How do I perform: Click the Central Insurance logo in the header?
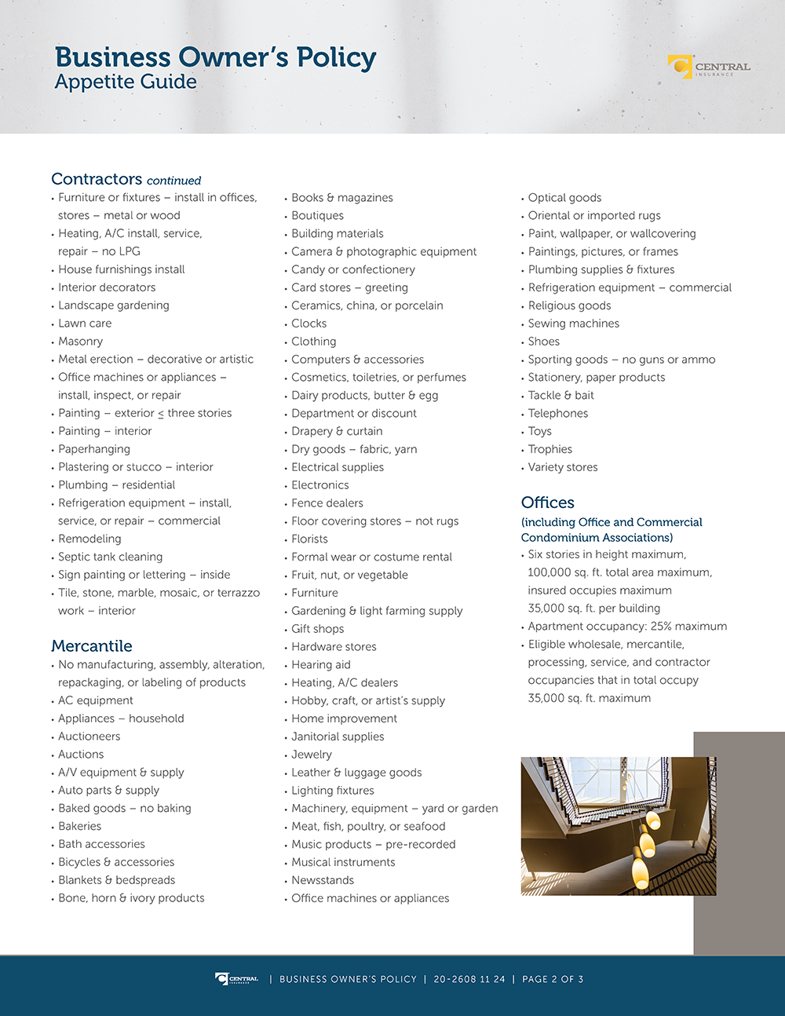708,68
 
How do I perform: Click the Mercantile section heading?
91,646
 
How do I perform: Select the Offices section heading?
547,503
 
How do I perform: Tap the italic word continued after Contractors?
173,181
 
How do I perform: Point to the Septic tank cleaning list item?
110,557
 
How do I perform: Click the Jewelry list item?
312,755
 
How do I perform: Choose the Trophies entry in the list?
549,449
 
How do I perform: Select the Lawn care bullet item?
85,323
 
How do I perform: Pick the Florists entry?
309,539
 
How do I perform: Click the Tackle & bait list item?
560,395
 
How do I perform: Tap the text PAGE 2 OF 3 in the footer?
553,979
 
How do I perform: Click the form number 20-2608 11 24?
469,979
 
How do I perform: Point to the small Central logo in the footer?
236,979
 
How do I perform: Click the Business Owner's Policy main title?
215,57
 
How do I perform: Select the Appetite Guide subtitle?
126,82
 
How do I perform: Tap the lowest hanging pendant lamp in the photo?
641,872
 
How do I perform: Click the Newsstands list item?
323,880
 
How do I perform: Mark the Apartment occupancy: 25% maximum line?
627,627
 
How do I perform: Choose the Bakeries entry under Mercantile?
79,826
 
